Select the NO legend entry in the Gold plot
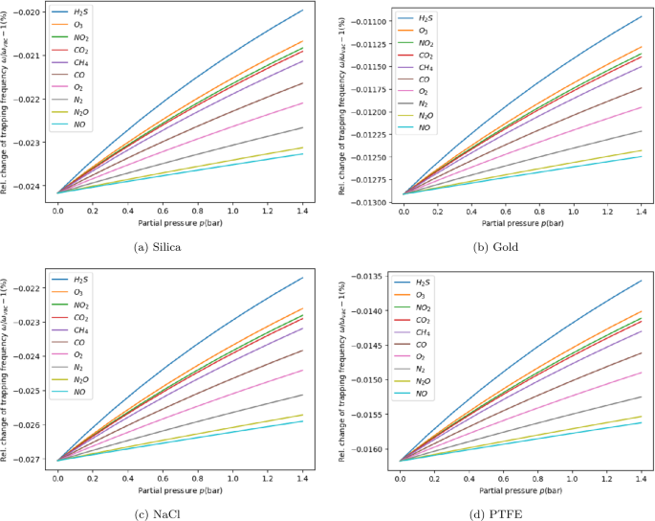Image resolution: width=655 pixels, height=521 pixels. click(422, 126)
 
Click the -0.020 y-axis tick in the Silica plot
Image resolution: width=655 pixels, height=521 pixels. click(33, 13)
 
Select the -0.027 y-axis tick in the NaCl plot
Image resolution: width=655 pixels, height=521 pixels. click(33, 460)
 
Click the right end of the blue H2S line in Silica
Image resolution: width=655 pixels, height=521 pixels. click(302, 10)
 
